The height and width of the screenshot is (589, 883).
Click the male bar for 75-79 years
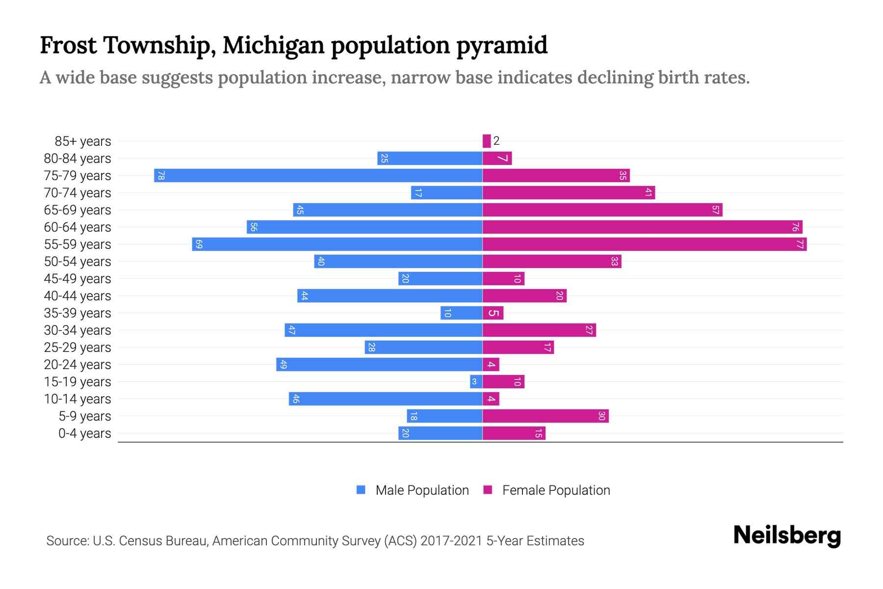click(x=318, y=176)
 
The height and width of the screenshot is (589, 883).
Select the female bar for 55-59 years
click(x=644, y=244)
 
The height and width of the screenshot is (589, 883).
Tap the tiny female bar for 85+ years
click(x=487, y=141)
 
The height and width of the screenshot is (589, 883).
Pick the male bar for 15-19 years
click(x=476, y=382)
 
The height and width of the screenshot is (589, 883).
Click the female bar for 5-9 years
click(x=545, y=416)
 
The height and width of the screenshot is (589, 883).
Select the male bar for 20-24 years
click(x=379, y=365)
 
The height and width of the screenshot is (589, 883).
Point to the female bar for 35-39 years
click(x=493, y=313)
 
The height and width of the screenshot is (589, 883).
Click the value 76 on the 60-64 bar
click(x=795, y=227)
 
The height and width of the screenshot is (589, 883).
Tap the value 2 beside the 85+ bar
click(x=496, y=141)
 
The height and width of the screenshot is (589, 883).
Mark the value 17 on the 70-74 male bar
click(x=418, y=193)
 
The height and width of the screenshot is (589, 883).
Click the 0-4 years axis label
click(x=84, y=433)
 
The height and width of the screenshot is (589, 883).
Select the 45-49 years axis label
click(x=78, y=279)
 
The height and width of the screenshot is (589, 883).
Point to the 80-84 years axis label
click(x=78, y=159)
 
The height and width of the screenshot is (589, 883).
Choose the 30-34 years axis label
click(x=78, y=330)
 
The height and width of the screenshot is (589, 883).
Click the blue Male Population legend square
click(x=361, y=490)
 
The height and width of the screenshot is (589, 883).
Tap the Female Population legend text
click(x=556, y=490)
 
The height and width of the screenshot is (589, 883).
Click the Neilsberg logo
click(x=787, y=535)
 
